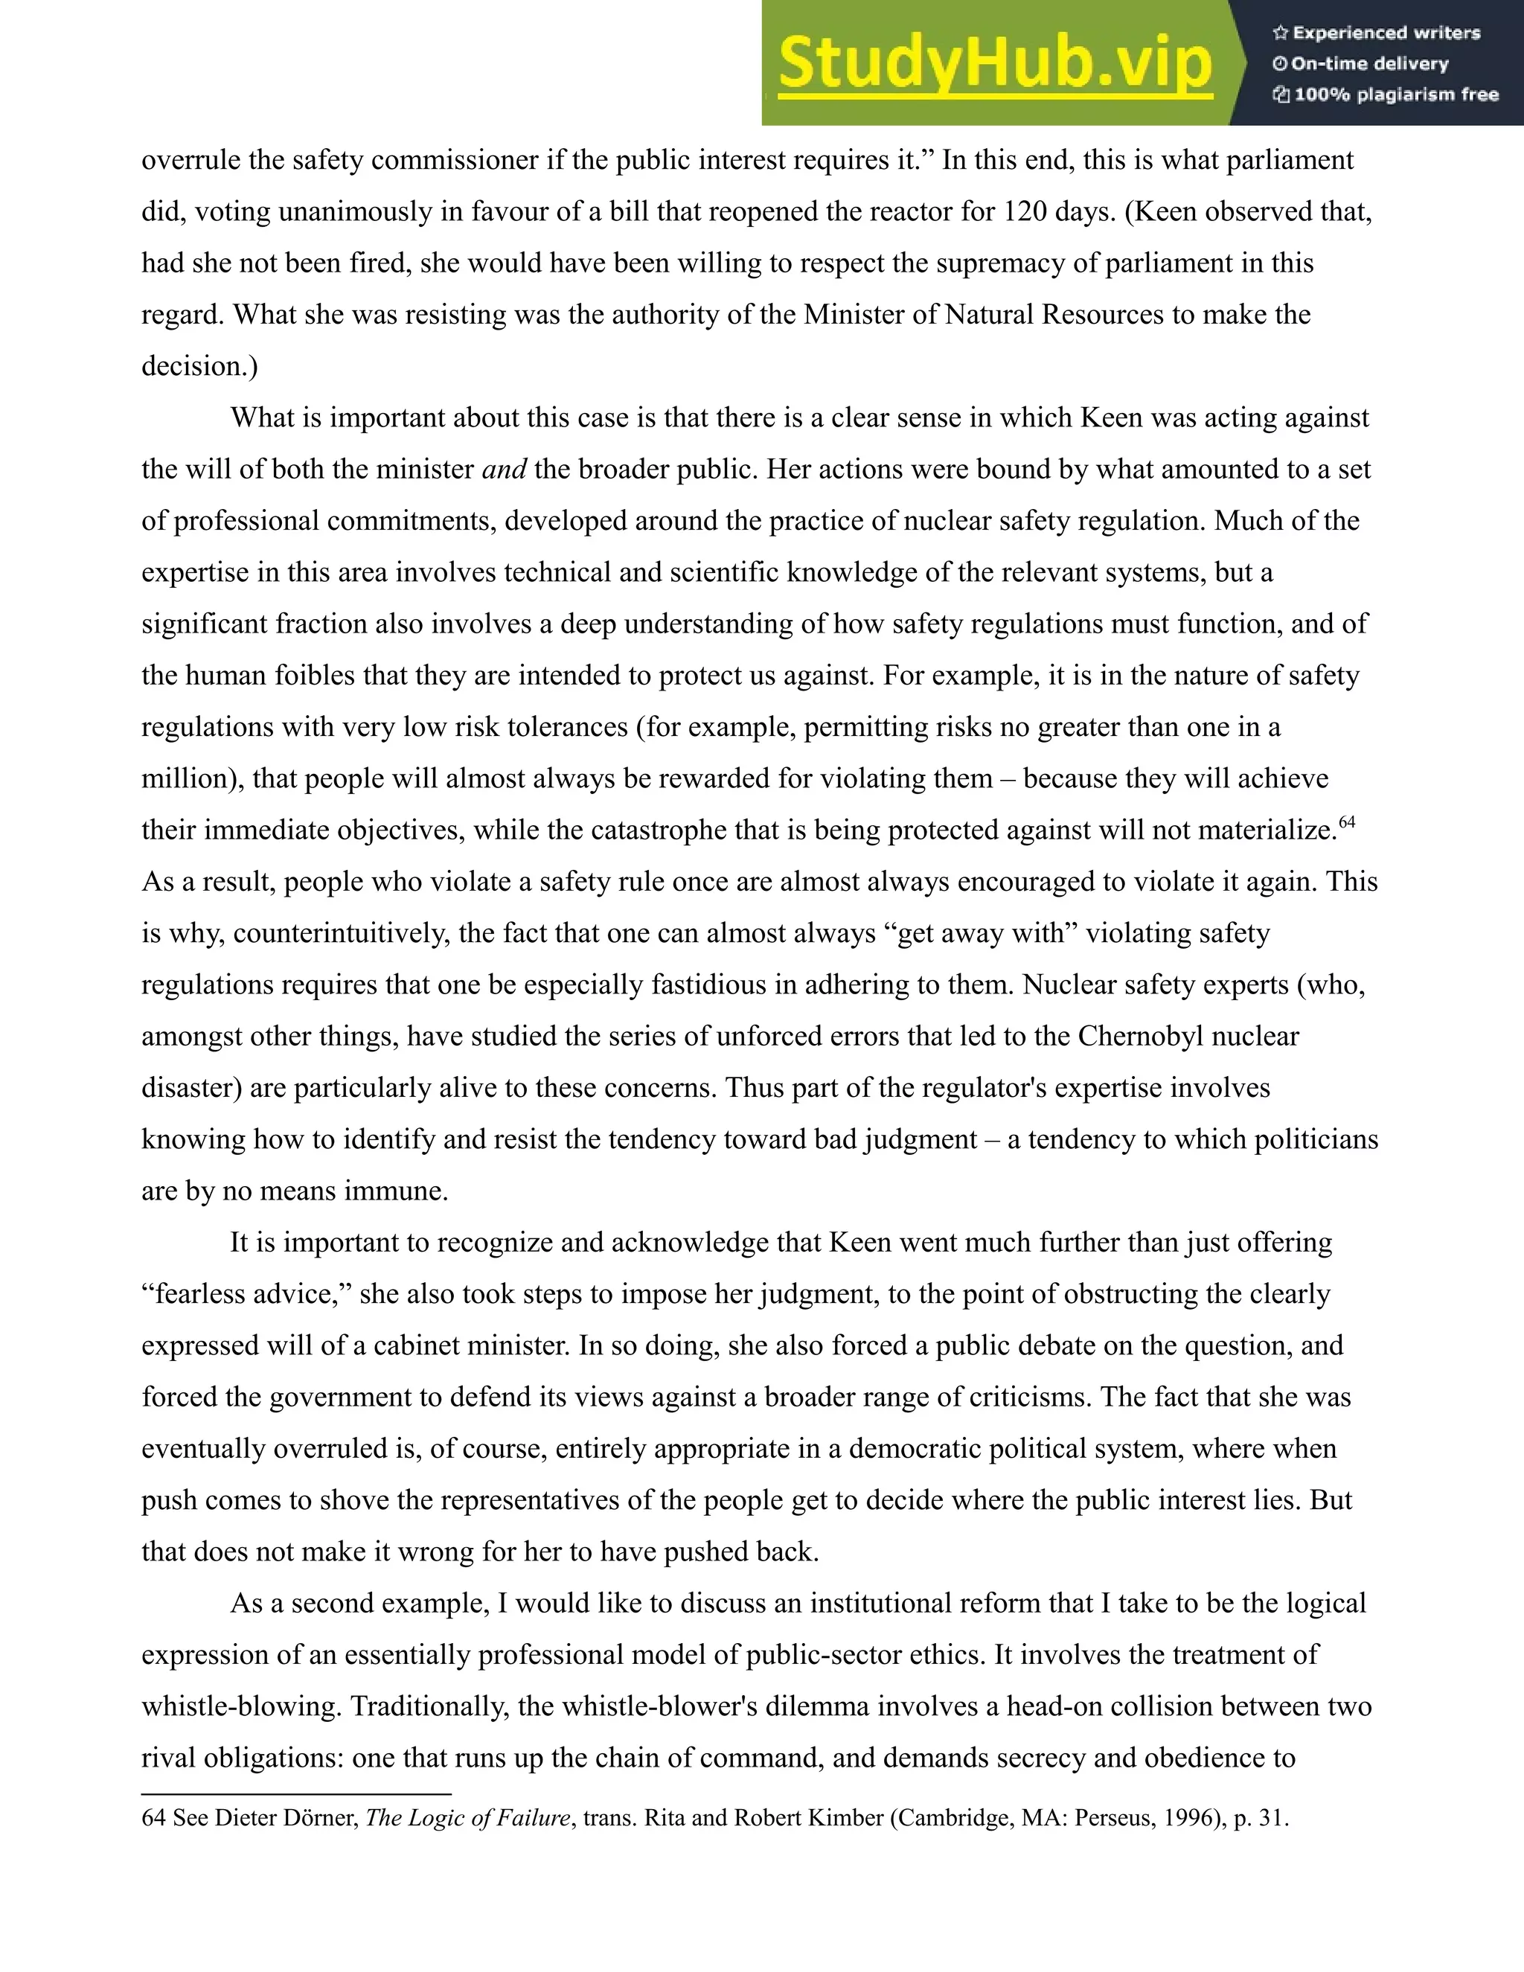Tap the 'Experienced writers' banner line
coord(1377,33)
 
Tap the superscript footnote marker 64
coord(1347,822)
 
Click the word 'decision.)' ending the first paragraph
coord(199,365)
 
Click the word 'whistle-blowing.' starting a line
coord(242,1706)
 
